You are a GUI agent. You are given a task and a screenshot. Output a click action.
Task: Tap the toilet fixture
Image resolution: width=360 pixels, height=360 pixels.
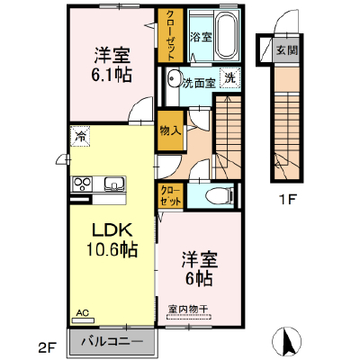click(220, 195)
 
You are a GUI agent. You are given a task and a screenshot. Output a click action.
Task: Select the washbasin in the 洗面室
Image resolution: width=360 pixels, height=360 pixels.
click(173, 79)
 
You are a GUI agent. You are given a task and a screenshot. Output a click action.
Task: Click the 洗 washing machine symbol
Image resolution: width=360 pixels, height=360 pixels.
click(230, 78)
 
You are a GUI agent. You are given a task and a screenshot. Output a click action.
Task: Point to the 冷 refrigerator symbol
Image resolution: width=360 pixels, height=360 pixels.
click(80, 136)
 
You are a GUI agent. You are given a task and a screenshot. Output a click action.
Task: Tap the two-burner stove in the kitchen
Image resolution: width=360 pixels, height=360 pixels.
click(83, 184)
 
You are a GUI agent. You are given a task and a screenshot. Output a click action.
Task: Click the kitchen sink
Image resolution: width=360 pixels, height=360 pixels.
click(114, 184)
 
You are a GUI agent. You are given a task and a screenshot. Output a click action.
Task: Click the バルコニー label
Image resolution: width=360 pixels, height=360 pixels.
click(112, 341)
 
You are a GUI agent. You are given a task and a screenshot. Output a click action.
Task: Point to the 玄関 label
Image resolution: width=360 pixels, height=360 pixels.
click(287, 50)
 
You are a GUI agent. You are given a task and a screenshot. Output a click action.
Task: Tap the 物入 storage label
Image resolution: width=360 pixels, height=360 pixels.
click(170, 130)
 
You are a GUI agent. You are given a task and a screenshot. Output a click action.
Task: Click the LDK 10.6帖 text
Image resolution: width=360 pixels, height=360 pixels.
click(112, 239)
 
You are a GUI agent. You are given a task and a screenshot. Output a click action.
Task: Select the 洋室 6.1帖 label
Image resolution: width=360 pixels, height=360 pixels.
click(112, 65)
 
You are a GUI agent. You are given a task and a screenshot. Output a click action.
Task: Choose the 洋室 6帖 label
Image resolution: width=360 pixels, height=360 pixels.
click(199, 268)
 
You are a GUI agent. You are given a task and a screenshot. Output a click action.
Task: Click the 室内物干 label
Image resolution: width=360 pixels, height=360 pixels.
click(188, 309)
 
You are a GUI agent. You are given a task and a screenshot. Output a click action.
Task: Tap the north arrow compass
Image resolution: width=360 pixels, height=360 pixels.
click(286, 340)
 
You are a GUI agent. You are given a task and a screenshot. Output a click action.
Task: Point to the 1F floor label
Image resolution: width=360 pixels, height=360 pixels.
click(288, 200)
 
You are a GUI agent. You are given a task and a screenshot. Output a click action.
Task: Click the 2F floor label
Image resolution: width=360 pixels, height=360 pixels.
click(47, 348)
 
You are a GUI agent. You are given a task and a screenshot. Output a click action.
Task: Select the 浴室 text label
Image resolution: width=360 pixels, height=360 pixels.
click(201, 37)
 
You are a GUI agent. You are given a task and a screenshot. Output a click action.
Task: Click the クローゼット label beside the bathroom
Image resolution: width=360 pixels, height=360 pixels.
click(170, 35)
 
